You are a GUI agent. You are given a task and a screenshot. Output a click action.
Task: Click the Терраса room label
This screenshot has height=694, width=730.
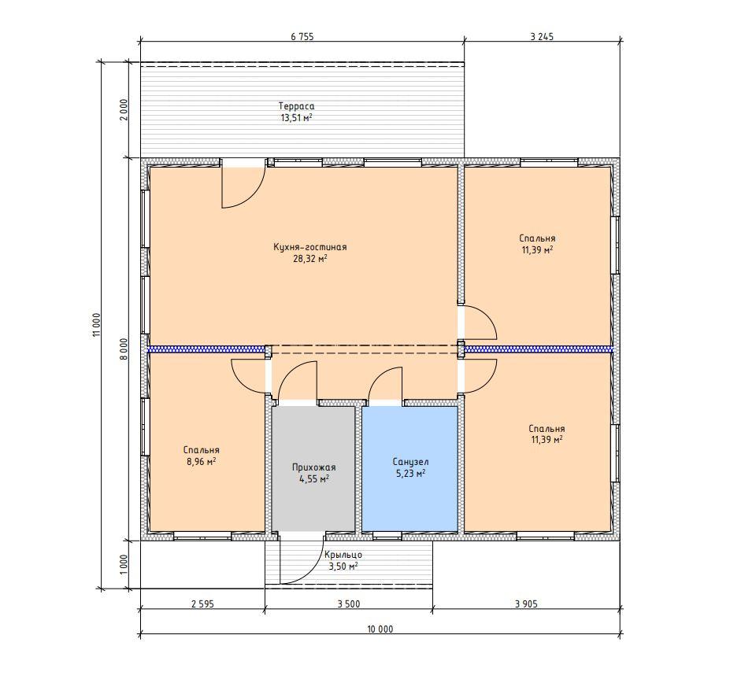[296, 106]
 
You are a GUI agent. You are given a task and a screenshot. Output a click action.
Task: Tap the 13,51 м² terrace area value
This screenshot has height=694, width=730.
[296, 118]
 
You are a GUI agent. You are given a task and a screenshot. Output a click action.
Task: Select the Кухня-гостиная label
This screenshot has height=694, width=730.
[310, 247]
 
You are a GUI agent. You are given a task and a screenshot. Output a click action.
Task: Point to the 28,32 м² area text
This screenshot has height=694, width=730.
[310, 259]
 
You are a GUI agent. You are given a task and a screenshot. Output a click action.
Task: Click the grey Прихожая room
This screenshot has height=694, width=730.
[313, 469]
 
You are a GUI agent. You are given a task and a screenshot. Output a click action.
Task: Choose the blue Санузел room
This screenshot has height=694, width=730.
[409, 469]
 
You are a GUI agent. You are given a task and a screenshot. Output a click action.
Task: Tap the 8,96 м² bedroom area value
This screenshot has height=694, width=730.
[201, 462]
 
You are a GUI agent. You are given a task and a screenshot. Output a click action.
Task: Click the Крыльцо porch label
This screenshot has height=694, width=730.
[343, 555]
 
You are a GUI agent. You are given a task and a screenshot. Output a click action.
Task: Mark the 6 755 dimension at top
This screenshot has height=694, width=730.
[302, 37]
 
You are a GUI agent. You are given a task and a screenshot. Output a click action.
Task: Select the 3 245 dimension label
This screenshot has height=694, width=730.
[542, 37]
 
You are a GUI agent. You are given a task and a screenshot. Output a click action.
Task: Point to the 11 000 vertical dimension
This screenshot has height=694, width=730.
[97, 324]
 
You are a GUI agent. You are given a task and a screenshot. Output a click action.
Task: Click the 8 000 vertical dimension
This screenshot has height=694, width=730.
[124, 349]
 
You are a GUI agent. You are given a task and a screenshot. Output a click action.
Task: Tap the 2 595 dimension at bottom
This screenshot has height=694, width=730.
[202, 604]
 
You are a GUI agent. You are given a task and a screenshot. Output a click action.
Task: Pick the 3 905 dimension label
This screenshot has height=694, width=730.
[526, 604]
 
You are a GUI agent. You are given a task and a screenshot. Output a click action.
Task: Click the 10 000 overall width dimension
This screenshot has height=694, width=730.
[380, 629]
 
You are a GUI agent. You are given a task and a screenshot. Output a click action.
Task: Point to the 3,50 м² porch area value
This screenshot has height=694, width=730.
[343, 567]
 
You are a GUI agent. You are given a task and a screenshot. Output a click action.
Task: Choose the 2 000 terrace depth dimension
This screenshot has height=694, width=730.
[124, 109]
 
